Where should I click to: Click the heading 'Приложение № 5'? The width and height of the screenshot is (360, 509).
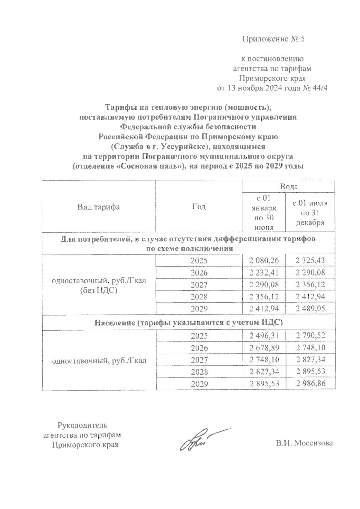click(x=273, y=39)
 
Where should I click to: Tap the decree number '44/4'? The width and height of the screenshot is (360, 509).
click(x=317, y=88)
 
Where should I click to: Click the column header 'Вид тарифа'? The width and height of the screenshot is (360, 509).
click(x=98, y=207)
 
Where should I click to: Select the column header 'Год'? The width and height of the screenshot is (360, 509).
click(x=199, y=207)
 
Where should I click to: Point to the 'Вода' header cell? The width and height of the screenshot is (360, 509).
click(x=289, y=187)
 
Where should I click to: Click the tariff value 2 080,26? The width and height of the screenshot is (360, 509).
click(x=264, y=261)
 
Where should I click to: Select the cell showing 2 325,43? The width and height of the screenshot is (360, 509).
click(x=310, y=261)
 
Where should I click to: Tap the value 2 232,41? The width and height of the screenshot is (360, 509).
click(x=264, y=273)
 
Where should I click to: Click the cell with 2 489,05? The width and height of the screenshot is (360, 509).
click(x=310, y=308)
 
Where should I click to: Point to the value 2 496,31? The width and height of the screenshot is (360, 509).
click(x=264, y=336)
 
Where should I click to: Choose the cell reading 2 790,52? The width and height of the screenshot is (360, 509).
click(x=310, y=336)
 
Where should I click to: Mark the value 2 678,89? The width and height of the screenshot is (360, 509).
click(x=264, y=348)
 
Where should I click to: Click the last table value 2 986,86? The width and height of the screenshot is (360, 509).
click(x=310, y=383)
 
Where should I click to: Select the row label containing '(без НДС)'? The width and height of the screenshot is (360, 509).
click(x=99, y=290)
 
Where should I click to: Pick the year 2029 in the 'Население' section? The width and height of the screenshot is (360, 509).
click(x=199, y=384)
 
